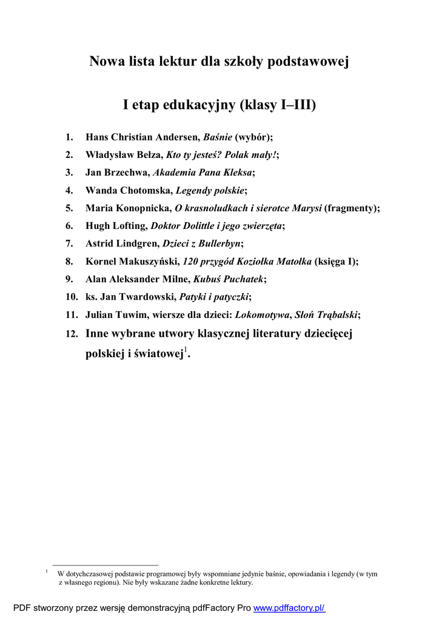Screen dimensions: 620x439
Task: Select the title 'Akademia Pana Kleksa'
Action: coord(202,173)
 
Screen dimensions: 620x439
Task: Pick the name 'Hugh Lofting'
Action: coord(116,226)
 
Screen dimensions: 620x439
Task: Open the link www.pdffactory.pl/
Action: coord(289,608)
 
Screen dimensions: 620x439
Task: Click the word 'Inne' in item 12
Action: coord(98,334)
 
